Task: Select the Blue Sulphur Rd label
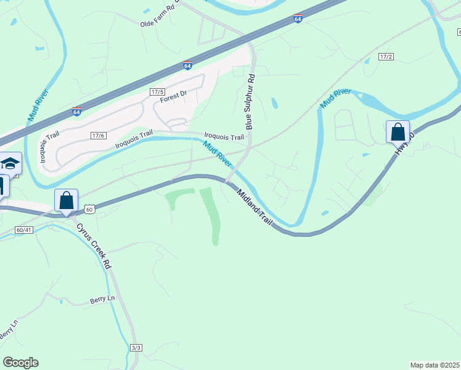pyautogui.click(x=250, y=102)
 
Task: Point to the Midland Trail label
pyautogui.click(x=255, y=207)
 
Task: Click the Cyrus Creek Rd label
pyautogui.click(x=94, y=245)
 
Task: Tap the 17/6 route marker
pyautogui.click(x=99, y=136)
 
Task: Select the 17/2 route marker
pyautogui.click(x=386, y=57)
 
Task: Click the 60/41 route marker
pyautogui.click(x=24, y=229)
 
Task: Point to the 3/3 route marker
pyautogui.click(x=136, y=348)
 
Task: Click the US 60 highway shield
pyautogui.click(x=90, y=210)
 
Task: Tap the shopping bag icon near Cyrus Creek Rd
pyautogui.click(x=66, y=200)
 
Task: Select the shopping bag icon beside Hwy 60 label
pyautogui.click(x=398, y=132)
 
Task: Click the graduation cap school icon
pyautogui.click(x=10, y=163)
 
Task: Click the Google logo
pyautogui.click(x=20, y=363)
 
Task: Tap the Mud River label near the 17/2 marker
pyautogui.click(x=335, y=98)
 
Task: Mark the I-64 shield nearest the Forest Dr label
pyautogui.click(x=187, y=65)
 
